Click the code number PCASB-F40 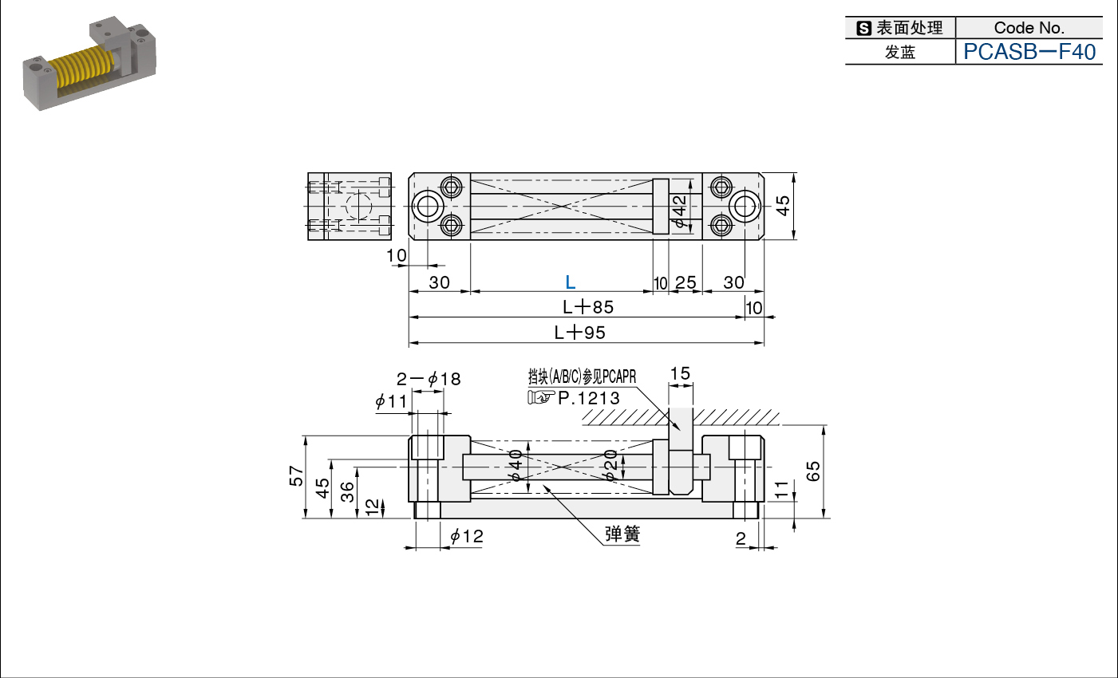point(1029,52)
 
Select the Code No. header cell point(1029,27)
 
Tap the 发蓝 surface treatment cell point(900,52)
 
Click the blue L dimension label point(570,282)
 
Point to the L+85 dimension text point(588,307)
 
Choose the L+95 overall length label point(579,333)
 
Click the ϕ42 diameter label point(679,211)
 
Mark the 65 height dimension point(813,471)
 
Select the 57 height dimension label point(296,475)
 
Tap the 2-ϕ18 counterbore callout point(429,379)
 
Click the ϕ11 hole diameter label point(391,401)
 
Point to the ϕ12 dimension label point(467,536)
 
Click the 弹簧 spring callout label point(622,534)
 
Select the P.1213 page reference point(589,398)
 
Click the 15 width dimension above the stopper point(680,373)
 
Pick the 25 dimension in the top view point(685,283)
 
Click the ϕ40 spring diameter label point(516,465)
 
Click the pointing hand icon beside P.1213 point(541,397)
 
